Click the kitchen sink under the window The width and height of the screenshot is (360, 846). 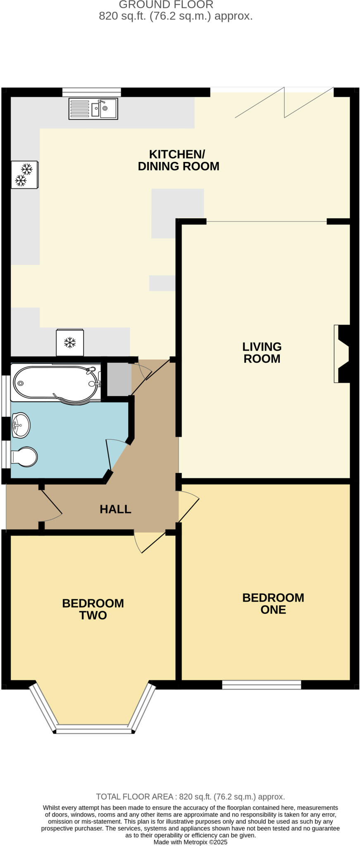pos(93,109)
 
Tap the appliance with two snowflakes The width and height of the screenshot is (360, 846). pos(24,174)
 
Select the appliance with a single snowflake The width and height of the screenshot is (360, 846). pos(70,342)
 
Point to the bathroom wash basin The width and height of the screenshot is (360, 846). pos(20,425)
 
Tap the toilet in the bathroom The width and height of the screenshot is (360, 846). pos(24,457)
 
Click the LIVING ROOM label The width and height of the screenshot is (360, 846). pos(262,352)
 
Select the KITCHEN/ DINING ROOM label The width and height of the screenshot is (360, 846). pos(178,160)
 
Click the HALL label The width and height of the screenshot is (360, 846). pos(115,509)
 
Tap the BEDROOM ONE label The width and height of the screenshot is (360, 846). pos(273,604)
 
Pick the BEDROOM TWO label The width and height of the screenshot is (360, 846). pos(93,609)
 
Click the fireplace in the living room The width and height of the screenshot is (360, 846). pos(342,354)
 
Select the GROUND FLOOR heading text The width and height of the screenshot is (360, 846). pos(166,5)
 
